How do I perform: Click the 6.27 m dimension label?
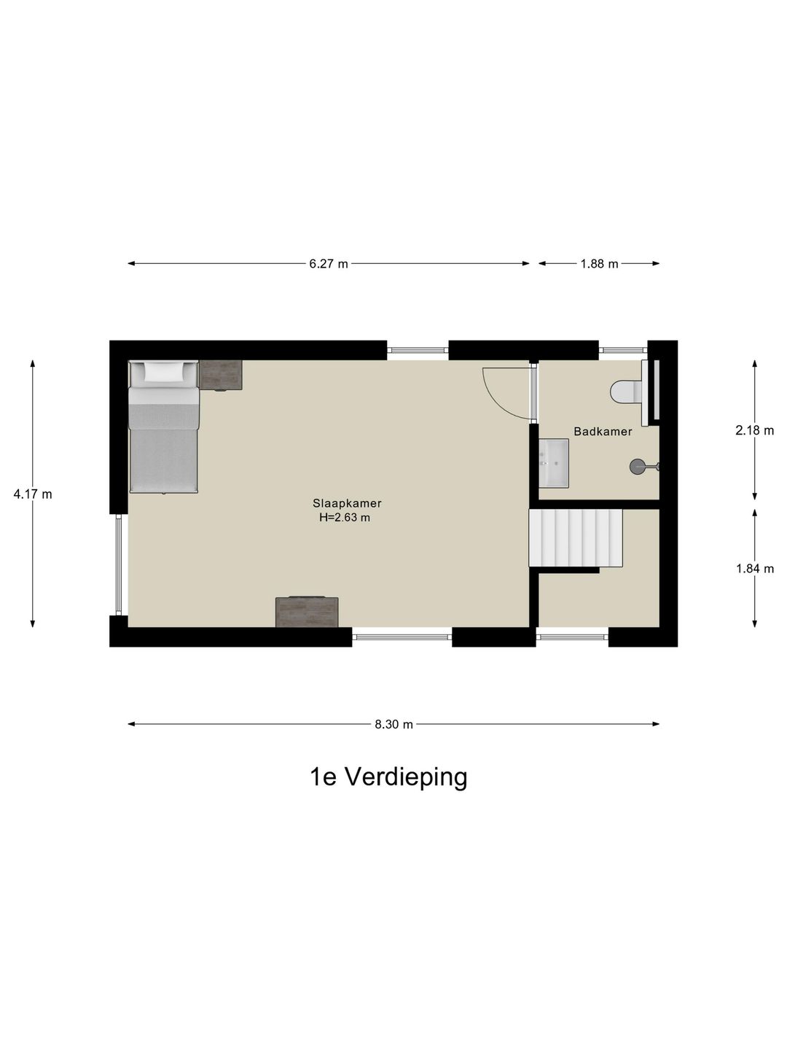click(x=329, y=264)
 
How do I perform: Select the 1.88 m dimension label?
click(x=599, y=264)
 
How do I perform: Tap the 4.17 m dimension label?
click(x=33, y=494)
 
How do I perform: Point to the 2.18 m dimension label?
click(x=754, y=430)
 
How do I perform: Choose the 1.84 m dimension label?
click(x=754, y=569)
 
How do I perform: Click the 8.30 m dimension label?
click(x=393, y=724)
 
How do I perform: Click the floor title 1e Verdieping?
click(x=388, y=777)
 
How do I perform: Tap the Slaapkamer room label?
click(x=347, y=503)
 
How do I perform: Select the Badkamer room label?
click(x=603, y=432)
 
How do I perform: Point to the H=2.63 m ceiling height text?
click(x=345, y=518)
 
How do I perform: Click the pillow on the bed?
click(x=164, y=372)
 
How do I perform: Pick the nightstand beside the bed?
click(x=221, y=375)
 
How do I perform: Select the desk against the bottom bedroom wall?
click(x=307, y=612)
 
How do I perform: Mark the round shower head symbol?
click(x=638, y=466)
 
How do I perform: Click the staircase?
click(x=575, y=538)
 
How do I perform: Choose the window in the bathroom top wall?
click(x=623, y=350)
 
